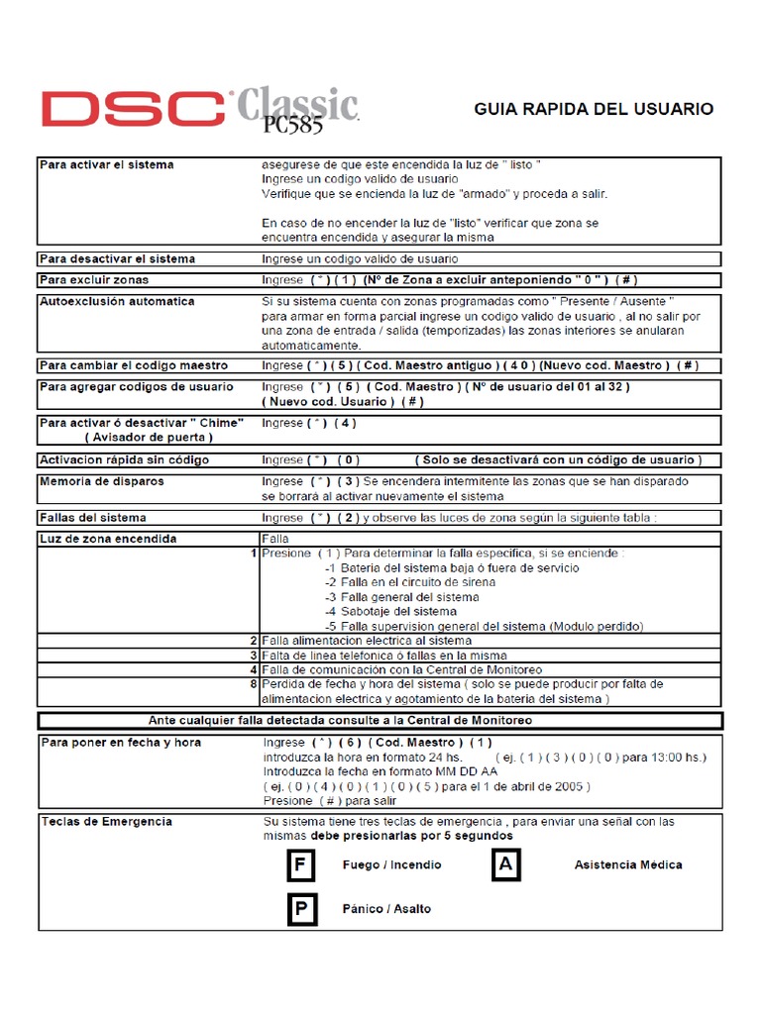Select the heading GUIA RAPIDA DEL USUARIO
[594, 109]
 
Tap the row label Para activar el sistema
[106, 164]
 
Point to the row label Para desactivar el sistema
[117, 258]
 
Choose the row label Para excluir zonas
[94, 280]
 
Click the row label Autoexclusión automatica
[117, 301]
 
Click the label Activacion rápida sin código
[123, 459]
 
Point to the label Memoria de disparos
[101, 481]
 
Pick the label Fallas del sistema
[92, 517]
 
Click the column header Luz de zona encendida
[108, 539]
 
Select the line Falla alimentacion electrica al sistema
[366, 641]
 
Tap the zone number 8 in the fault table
[254, 683]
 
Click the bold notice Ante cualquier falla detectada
[380, 720]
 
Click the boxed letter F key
[300, 865]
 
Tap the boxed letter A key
[505, 865]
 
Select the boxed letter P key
[300, 909]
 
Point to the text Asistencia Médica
[628, 864]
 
